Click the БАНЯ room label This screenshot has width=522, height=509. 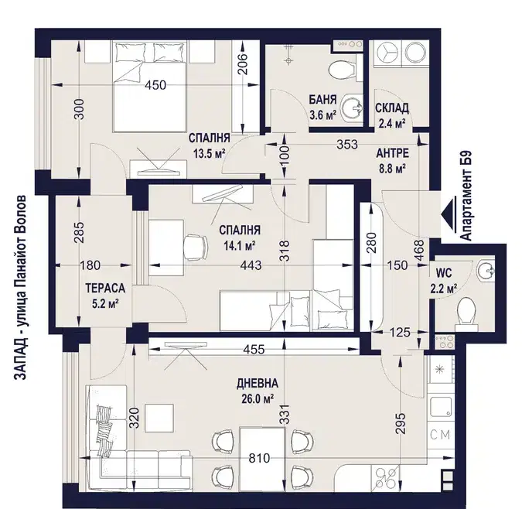[x=322, y=100]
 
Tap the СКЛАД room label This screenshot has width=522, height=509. [x=392, y=108]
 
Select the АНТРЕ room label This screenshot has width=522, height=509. [x=393, y=153]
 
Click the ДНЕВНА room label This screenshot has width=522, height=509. [x=258, y=384]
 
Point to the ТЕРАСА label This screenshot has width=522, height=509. [x=105, y=288]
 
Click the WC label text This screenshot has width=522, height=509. [x=444, y=273]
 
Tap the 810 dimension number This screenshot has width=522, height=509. [x=259, y=459]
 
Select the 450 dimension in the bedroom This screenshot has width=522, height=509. [x=155, y=85]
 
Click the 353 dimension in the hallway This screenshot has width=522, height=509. [x=347, y=145]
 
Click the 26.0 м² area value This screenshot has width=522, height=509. [x=258, y=398]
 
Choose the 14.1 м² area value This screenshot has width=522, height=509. [x=240, y=246]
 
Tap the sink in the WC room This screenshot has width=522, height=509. [x=486, y=270]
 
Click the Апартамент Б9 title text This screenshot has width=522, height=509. [x=467, y=196]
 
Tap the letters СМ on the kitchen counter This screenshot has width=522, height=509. [x=440, y=435]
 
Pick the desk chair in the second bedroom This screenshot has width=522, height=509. [x=196, y=248]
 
